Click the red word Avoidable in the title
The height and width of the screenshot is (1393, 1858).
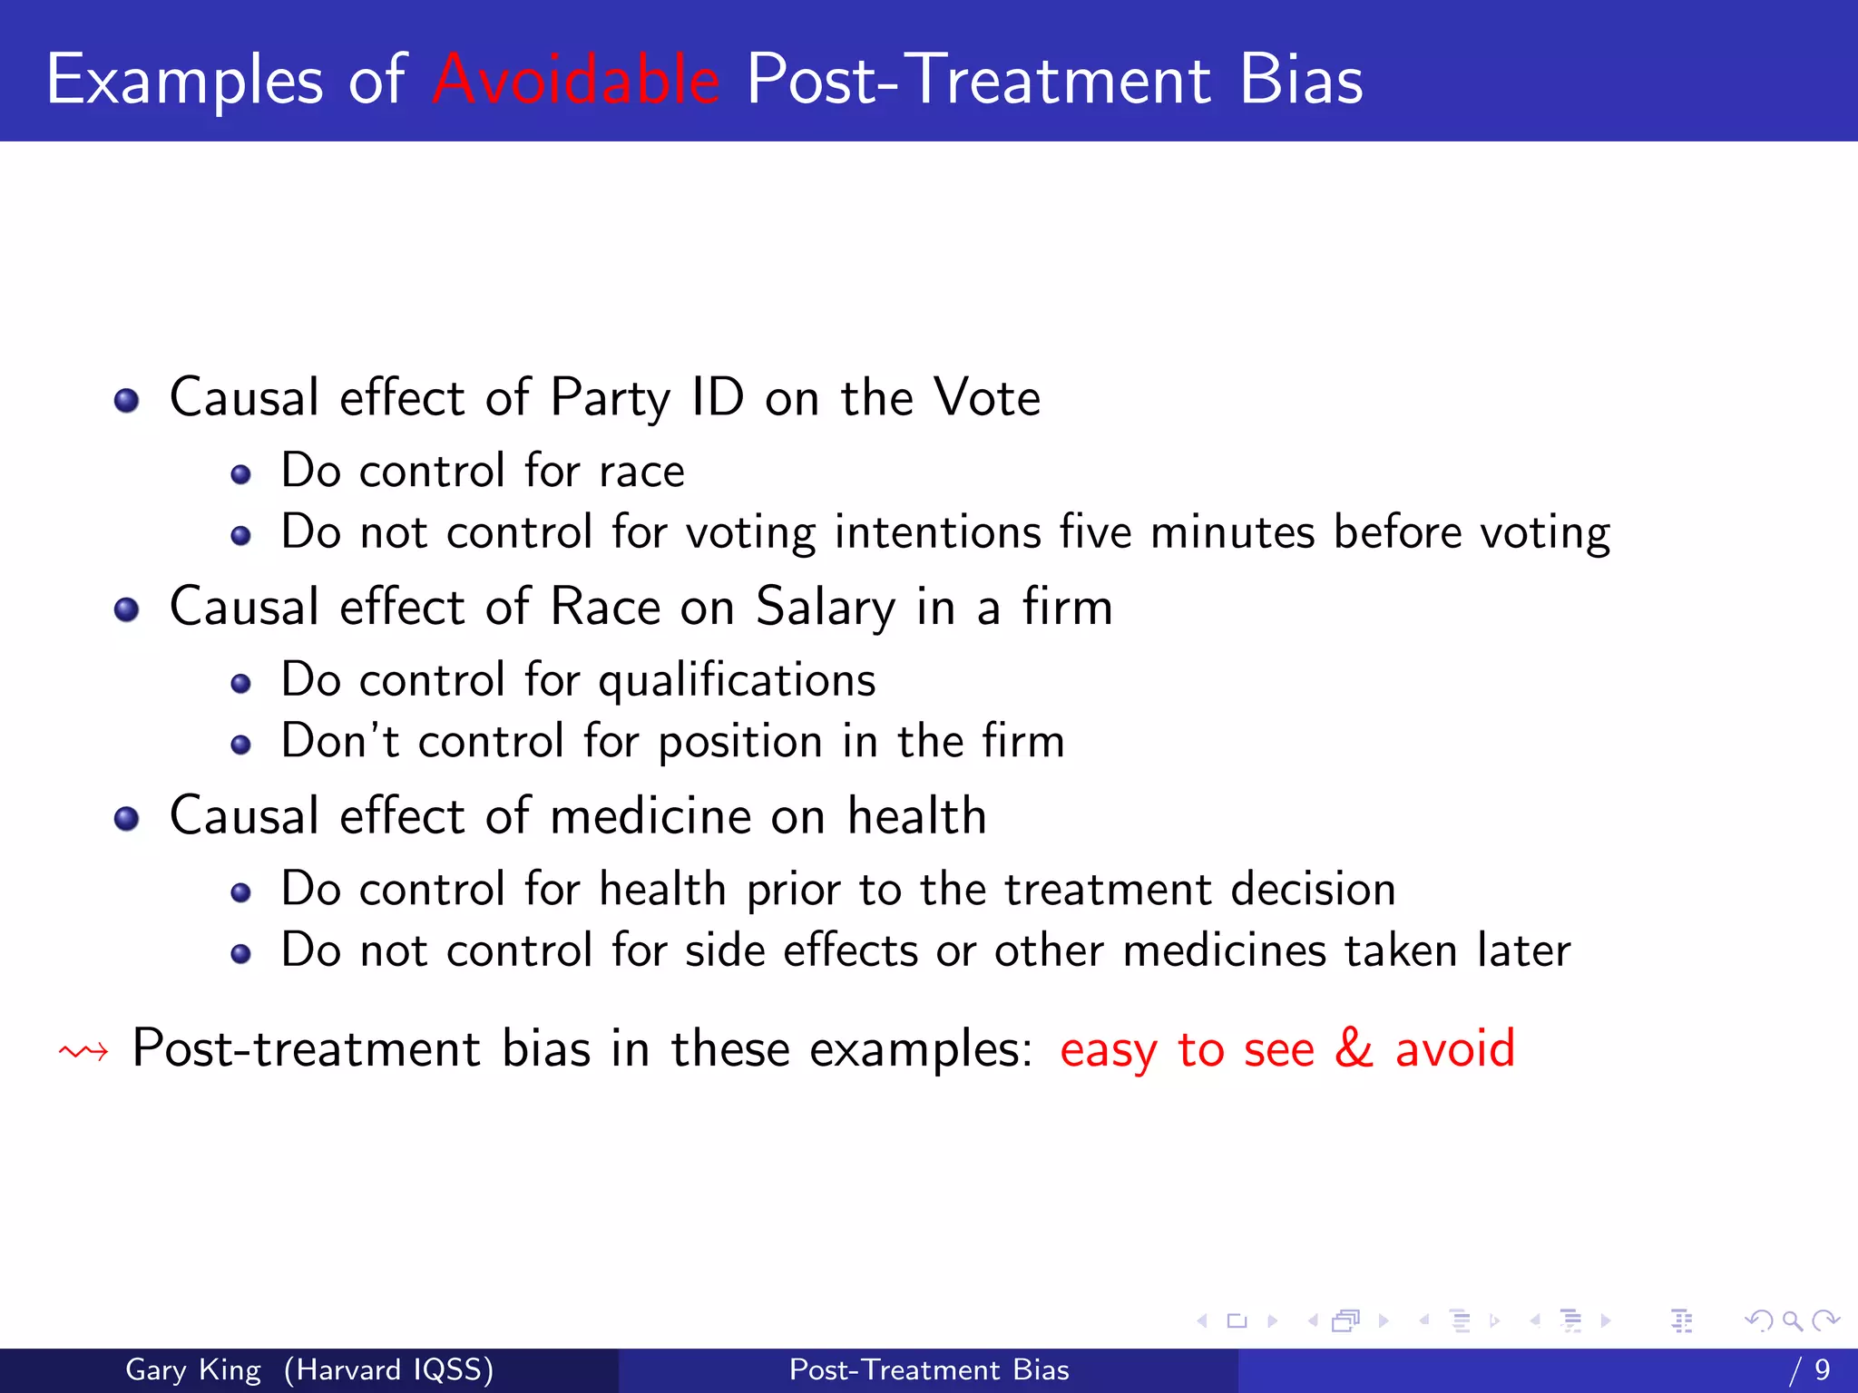576,80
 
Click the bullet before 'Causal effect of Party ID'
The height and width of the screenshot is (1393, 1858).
127,401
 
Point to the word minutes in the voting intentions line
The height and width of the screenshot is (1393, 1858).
1232,532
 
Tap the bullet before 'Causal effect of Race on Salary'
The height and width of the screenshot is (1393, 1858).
127,609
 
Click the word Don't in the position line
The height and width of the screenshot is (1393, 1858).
339,741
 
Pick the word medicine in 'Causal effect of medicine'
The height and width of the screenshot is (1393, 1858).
650,816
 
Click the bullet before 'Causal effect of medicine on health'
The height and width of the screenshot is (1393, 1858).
127,819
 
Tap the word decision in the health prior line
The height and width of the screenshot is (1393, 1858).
1313,890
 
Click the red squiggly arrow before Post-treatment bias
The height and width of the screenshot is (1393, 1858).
83,1052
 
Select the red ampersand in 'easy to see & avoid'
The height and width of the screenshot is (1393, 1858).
1354,1048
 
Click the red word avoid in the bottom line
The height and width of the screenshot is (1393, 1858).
1454,1048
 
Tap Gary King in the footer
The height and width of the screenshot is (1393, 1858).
192,1369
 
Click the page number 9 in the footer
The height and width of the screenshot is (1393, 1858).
1822,1369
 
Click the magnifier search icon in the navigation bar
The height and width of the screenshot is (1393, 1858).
1792,1320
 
